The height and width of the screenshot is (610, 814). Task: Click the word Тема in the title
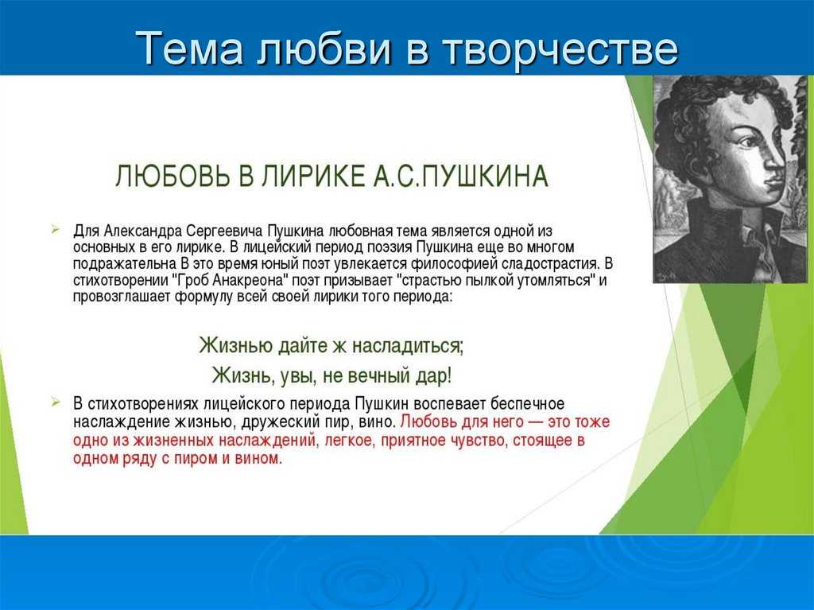pyautogui.click(x=189, y=49)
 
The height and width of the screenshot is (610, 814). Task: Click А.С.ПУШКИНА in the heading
pyautogui.click(x=460, y=177)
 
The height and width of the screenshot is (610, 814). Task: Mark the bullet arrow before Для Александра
pyautogui.click(x=56, y=229)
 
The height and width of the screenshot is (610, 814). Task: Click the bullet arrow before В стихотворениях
pyautogui.click(x=56, y=402)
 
